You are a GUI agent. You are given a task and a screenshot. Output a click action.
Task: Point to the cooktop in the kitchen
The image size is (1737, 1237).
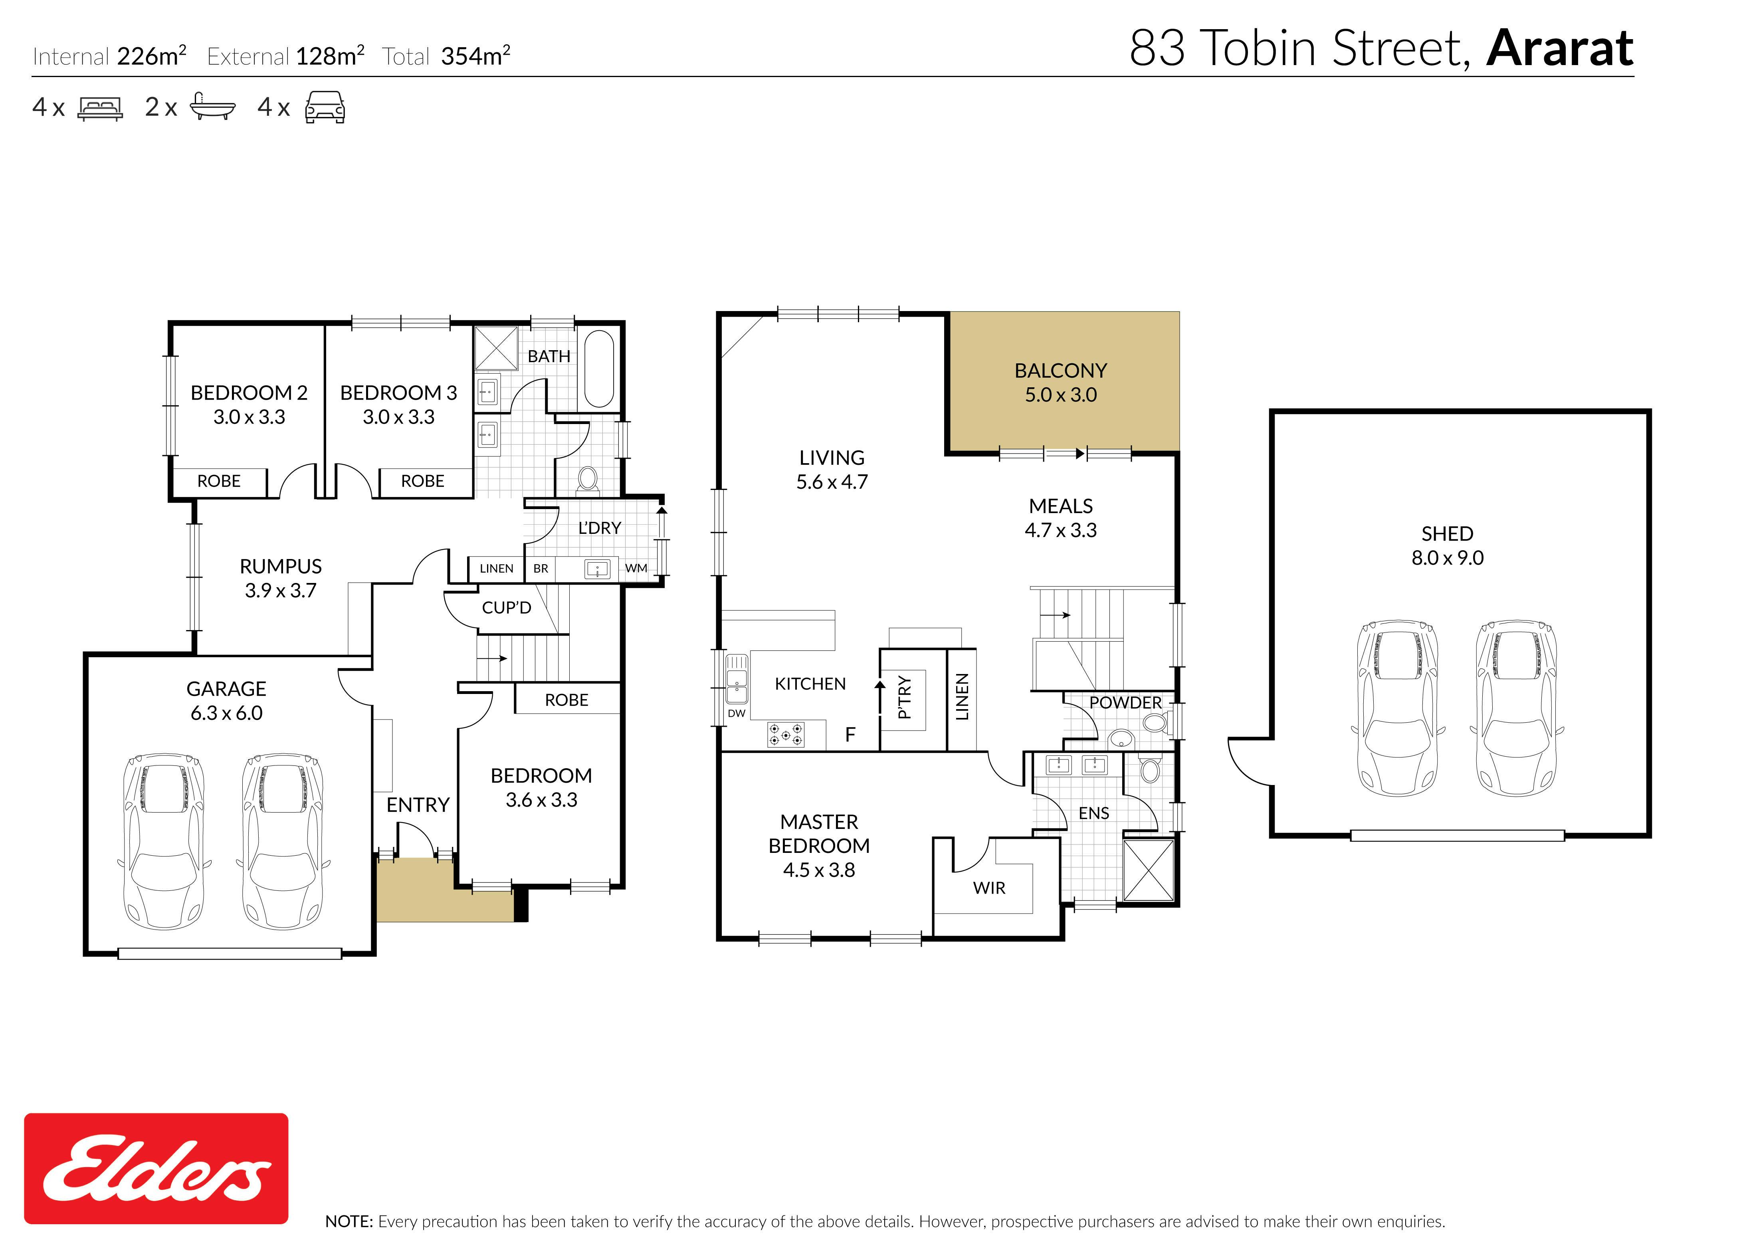786,734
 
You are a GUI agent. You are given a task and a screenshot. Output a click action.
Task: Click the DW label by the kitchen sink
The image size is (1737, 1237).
737,714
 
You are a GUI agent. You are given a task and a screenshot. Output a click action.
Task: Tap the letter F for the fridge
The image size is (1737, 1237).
851,734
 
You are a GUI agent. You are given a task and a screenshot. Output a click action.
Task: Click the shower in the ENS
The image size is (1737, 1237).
1149,870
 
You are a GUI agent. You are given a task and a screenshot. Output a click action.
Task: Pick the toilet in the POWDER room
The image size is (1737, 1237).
1155,722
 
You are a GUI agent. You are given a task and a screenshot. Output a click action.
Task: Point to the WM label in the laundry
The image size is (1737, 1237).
636,568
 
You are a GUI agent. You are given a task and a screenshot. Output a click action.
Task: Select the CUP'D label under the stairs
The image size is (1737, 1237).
506,608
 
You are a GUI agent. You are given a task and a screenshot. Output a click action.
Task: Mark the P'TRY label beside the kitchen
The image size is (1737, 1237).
904,697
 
